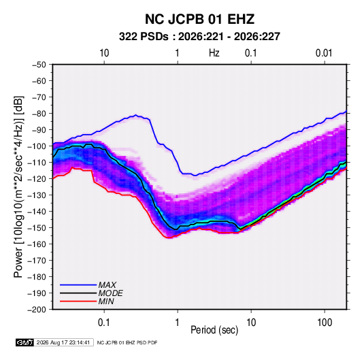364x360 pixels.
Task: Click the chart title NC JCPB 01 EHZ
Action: click(x=199, y=19)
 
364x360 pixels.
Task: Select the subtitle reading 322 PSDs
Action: click(x=144, y=37)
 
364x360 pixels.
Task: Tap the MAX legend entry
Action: click(x=107, y=284)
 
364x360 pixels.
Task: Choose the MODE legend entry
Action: click(x=110, y=293)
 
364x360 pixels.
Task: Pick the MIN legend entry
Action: click(x=106, y=301)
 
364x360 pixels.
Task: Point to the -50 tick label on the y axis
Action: click(x=39, y=65)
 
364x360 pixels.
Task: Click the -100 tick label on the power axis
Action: click(x=37, y=146)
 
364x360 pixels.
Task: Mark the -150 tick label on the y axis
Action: click(x=37, y=228)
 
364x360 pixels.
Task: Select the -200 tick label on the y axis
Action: click(x=37, y=310)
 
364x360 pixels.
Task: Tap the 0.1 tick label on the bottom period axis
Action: click(x=104, y=323)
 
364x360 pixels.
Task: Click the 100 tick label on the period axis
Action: click(x=325, y=323)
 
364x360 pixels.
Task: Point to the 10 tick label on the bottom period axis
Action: click(x=251, y=323)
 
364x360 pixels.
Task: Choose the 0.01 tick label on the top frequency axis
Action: click(x=324, y=53)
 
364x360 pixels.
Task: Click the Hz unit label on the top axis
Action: click(x=214, y=53)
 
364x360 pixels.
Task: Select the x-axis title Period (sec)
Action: click(x=214, y=330)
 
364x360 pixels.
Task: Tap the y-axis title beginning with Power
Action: click(x=18, y=187)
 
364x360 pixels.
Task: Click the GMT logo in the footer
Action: click(x=24, y=342)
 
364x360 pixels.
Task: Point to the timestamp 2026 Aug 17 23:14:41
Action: click(x=63, y=342)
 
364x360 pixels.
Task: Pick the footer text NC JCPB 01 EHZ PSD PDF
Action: click(x=127, y=342)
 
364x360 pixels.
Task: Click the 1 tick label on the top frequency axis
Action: click(x=177, y=53)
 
